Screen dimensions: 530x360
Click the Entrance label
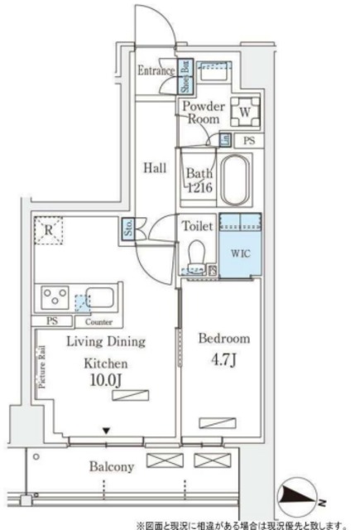pos(156,71)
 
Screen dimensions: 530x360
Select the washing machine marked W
pos(246,108)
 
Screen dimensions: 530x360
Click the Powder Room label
pos(203,113)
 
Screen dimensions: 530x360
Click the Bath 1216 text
pos(200,181)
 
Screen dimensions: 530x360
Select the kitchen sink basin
pos(99,297)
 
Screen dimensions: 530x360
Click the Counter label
pos(99,321)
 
